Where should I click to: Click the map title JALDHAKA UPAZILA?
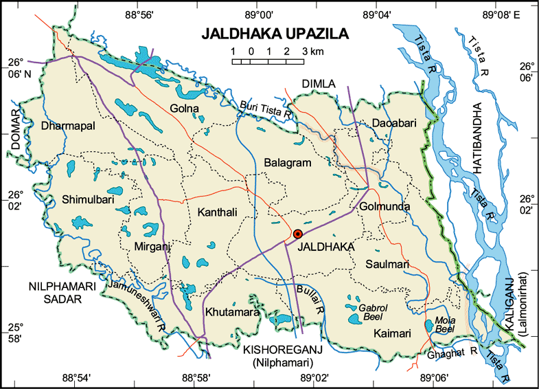[x=275, y=34]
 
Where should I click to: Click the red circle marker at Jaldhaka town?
[x=298, y=234]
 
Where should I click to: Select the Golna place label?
[x=185, y=109]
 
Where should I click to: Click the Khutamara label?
[x=231, y=313]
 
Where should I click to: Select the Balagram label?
[x=288, y=163]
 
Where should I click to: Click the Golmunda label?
[x=384, y=206]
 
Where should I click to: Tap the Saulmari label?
[x=387, y=264]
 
